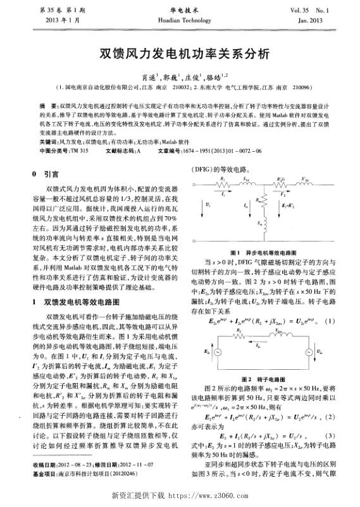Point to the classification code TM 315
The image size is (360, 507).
(78, 151)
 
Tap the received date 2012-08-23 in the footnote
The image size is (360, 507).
(81, 465)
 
